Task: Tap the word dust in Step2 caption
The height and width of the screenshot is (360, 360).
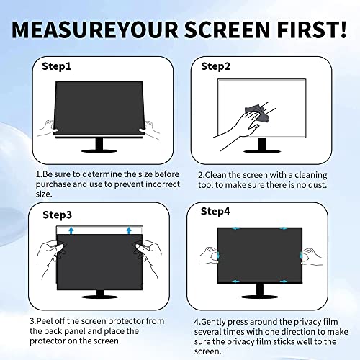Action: point(316,184)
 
